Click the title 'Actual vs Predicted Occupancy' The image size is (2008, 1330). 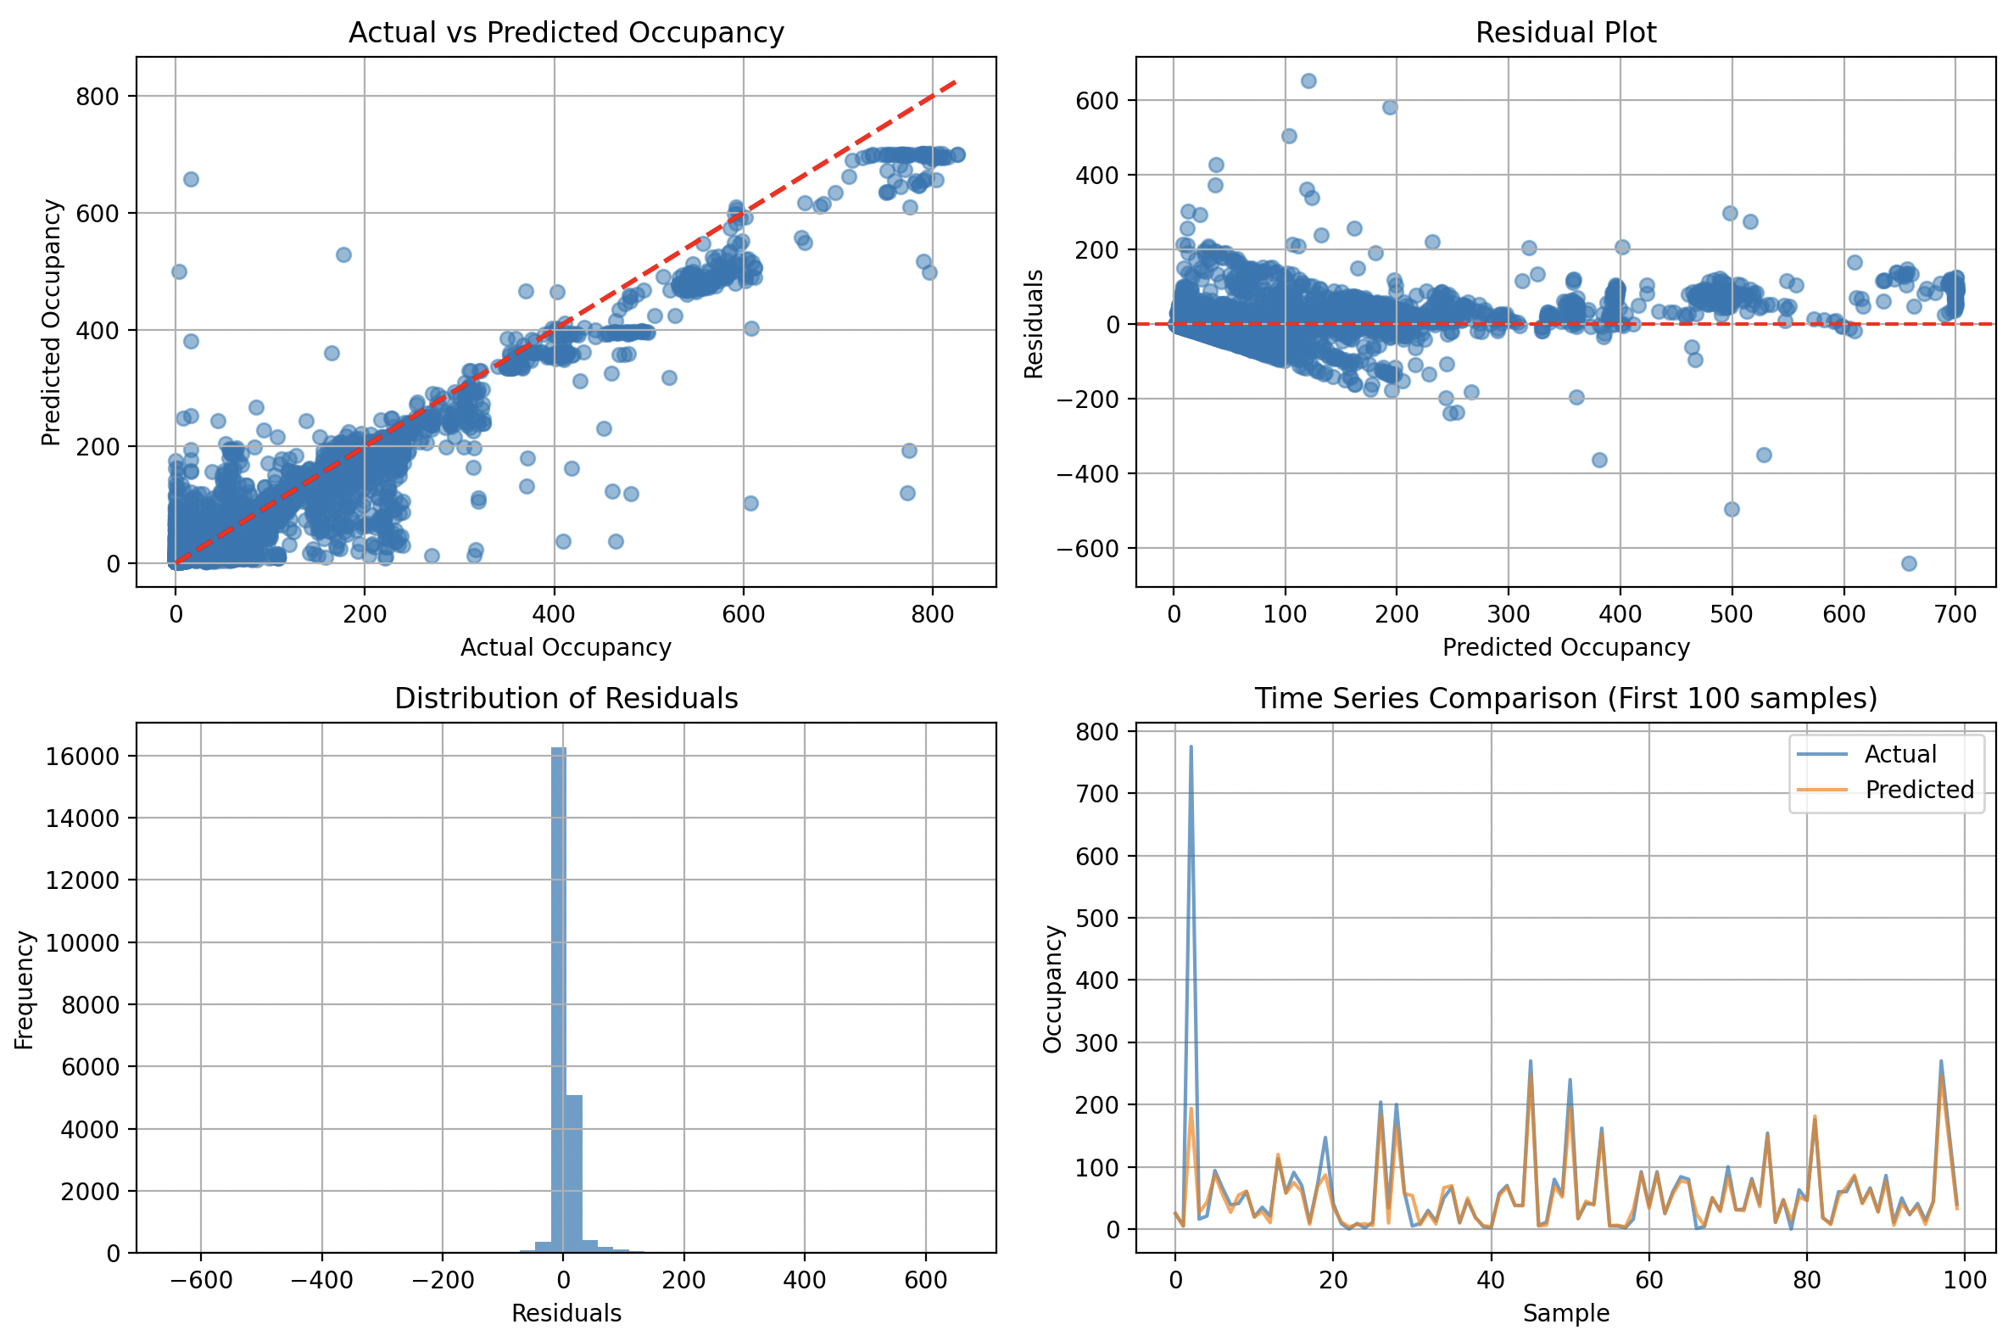[566, 32]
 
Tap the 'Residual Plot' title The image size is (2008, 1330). [1565, 32]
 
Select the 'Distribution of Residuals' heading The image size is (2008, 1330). [566, 698]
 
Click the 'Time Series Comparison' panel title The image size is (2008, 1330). [1565, 698]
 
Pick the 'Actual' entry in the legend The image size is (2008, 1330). [1899, 754]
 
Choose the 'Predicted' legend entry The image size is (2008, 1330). [1919, 790]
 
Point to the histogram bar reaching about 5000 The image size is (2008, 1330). [574, 1174]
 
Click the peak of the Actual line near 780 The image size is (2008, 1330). [1191, 747]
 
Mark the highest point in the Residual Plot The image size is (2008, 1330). [1308, 81]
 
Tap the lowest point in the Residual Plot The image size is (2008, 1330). [1909, 563]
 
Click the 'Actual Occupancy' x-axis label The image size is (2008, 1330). [566, 647]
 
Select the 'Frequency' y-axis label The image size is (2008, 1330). [25, 990]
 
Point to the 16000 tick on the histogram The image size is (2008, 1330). [82, 756]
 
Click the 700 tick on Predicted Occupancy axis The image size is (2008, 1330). [1955, 613]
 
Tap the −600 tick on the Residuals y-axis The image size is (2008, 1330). [1087, 549]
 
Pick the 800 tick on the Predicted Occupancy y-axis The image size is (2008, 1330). [97, 97]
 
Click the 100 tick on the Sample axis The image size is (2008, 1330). [1965, 1279]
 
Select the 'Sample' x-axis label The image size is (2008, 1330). [1565, 1313]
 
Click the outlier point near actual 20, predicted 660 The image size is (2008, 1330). [191, 179]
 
